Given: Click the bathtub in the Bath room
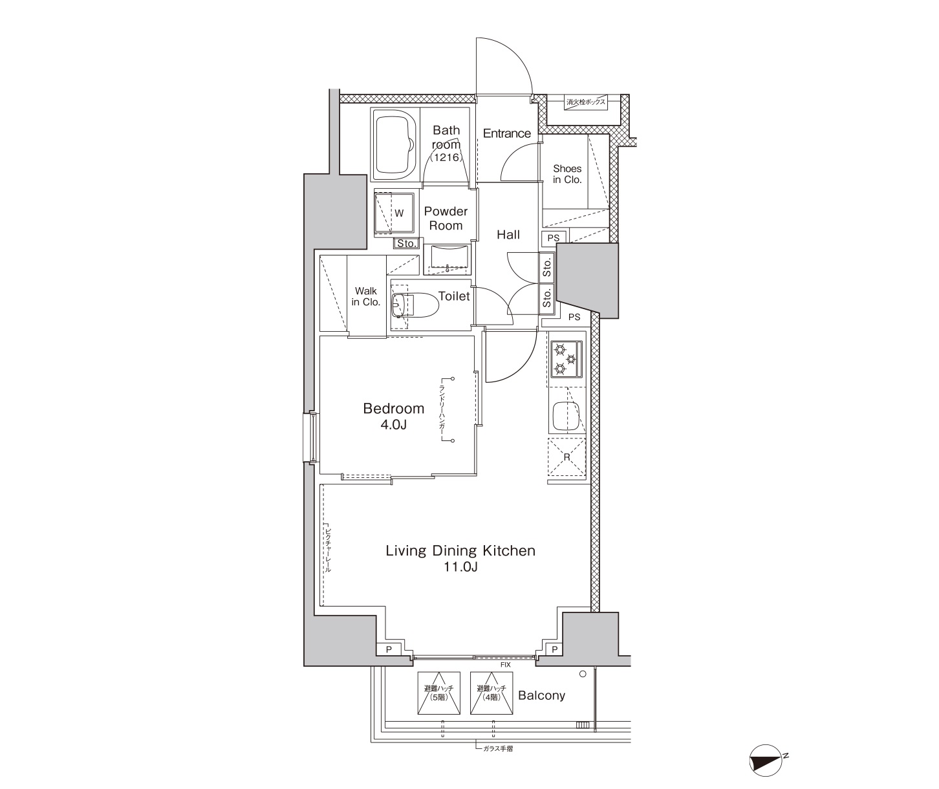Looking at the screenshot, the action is [x=395, y=144].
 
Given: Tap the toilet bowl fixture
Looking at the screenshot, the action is [x=416, y=305].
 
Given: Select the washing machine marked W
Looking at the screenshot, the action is [x=394, y=213].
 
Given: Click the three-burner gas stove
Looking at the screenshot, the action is [x=567, y=359].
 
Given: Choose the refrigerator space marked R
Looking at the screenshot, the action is [x=567, y=457].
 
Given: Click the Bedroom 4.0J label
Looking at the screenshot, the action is [x=393, y=416].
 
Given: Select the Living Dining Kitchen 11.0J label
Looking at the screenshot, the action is [x=460, y=558].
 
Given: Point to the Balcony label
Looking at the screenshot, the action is [x=541, y=695].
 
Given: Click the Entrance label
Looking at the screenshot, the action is [x=507, y=133].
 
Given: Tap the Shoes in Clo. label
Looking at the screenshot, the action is [x=567, y=174].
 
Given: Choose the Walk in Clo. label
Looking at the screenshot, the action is [x=365, y=296].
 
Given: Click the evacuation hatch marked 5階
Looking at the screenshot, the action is [x=438, y=693].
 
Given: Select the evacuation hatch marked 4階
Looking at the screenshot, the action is [x=491, y=693].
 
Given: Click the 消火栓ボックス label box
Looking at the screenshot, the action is [x=585, y=102].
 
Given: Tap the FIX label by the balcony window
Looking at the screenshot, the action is [x=506, y=664].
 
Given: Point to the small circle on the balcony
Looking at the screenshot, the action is [x=583, y=674].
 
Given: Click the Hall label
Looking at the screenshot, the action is [x=508, y=234].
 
